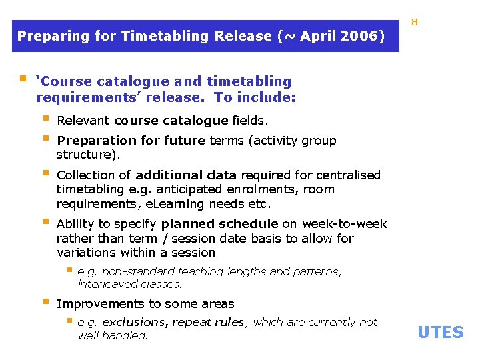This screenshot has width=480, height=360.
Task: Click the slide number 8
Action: [414, 23]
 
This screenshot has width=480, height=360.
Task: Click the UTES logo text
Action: [440, 332]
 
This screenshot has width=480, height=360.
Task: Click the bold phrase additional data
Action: [185, 175]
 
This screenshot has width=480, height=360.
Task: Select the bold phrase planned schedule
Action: [220, 224]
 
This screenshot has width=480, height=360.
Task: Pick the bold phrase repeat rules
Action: [208, 322]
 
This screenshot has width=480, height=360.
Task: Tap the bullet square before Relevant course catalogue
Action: [46, 120]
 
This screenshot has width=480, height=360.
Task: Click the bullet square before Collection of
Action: [46, 174]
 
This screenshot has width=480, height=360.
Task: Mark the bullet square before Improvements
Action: [46, 303]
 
